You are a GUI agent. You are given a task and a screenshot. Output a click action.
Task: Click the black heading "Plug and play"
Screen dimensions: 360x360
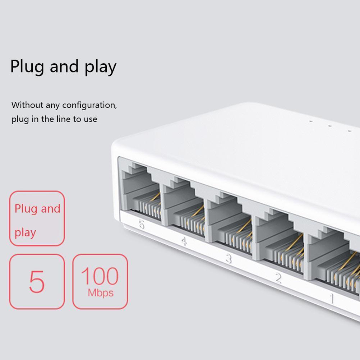(x=63, y=67)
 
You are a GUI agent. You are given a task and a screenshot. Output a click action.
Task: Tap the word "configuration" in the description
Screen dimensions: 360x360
(x=89, y=105)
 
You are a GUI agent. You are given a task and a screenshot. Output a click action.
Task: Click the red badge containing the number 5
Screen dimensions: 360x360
(x=37, y=281)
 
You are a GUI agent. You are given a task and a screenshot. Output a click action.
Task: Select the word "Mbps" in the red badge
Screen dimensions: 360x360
(x=101, y=293)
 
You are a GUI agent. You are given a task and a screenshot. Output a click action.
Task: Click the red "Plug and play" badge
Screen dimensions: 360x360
(x=37, y=218)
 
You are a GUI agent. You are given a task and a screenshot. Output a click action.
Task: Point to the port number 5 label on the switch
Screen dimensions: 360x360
(x=142, y=224)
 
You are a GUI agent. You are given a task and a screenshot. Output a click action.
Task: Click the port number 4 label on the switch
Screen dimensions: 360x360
(x=184, y=241)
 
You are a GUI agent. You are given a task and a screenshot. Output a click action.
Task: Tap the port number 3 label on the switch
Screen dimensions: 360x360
(x=229, y=259)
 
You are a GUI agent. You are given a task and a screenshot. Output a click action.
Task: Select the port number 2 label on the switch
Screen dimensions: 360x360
(x=278, y=278)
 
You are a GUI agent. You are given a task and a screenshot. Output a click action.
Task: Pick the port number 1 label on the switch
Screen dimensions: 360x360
(x=331, y=299)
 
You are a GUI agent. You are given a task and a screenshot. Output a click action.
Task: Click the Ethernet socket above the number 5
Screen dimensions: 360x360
(x=140, y=190)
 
